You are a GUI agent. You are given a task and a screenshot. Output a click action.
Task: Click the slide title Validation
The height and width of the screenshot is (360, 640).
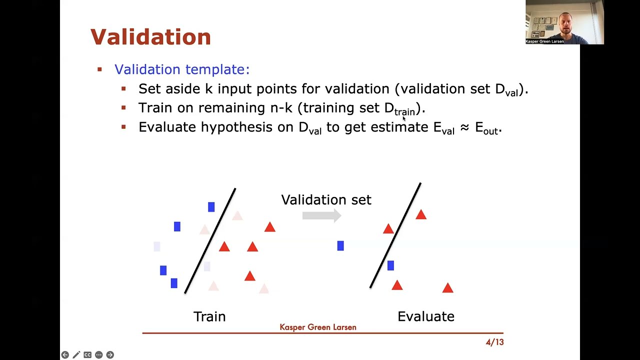point(150,37)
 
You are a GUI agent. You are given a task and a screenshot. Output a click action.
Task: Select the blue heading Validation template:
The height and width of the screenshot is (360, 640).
point(181,69)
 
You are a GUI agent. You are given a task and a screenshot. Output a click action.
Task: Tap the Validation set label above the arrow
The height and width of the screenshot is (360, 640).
point(326,200)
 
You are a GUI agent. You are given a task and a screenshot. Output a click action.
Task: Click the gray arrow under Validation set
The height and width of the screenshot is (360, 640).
point(321,215)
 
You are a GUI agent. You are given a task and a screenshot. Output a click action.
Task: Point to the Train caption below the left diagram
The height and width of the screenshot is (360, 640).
point(209,316)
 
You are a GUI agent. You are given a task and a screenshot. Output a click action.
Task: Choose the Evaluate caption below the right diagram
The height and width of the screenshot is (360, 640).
point(425,316)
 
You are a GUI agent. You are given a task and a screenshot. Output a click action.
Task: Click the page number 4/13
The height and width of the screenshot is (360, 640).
point(494,342)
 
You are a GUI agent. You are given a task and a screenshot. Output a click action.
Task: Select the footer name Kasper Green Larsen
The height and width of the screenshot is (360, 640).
point(318,327)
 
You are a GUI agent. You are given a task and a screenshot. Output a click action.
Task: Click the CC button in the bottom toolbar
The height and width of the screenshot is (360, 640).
point(87,355)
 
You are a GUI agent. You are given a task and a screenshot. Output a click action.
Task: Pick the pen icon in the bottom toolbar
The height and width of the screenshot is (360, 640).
point(76,355)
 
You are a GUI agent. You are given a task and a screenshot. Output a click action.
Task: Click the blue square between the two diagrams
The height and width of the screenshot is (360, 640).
point(340,245)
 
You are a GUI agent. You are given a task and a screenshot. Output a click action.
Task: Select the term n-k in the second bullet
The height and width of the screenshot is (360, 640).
point(281,108)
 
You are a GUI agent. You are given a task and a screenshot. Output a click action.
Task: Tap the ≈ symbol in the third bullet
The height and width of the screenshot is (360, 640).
point(464,128)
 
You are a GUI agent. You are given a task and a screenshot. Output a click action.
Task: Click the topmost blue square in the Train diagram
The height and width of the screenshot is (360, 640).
point(211,207)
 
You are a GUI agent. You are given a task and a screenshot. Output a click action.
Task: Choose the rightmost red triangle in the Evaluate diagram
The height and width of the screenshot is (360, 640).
point(447,288)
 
